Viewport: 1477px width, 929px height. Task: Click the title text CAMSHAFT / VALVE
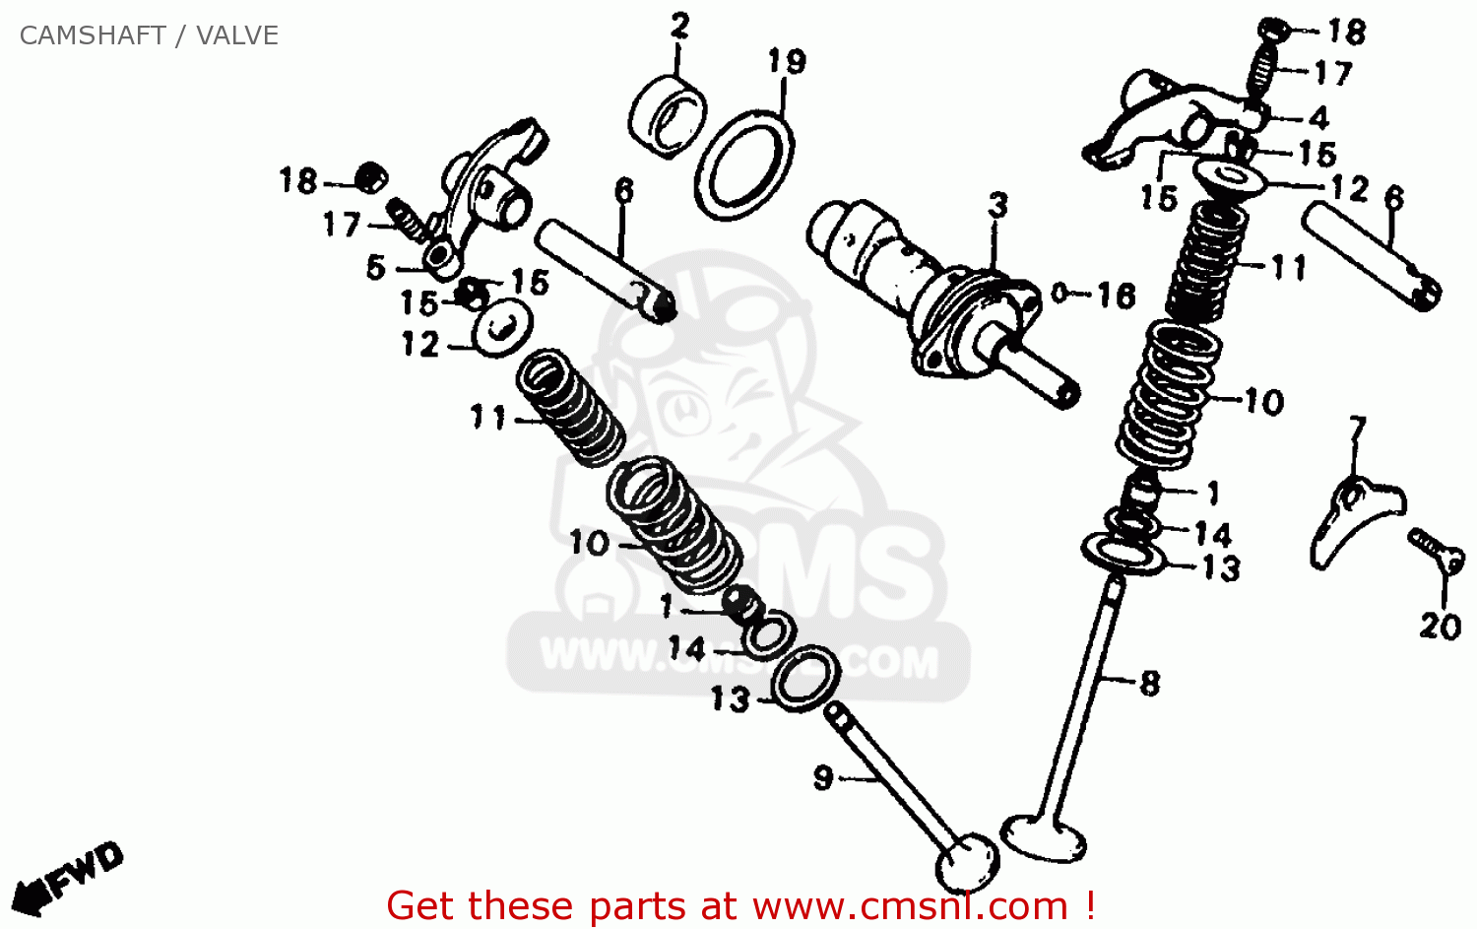[x=149, y=35]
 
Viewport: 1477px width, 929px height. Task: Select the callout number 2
[x=679, y=27]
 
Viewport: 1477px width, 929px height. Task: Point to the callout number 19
[x=787, y=62]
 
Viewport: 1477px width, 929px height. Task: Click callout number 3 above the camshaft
[x=997, y=205]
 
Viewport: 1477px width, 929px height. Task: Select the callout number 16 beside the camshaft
[x=1116, y=295]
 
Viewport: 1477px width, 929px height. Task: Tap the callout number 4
[x=1318, y=118]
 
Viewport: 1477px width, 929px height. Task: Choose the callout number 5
[x=375, y=267]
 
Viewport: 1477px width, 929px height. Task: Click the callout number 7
[x=1357, y=429]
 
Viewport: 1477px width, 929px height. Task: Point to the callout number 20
[x=1440, y=626]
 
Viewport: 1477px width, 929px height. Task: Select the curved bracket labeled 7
[x=1349, y=517]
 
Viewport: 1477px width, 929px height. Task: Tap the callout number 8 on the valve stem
[x=1149, y=683]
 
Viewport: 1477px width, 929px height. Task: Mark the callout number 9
[x=823, y=777]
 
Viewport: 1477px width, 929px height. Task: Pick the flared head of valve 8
[x=1044, y=837]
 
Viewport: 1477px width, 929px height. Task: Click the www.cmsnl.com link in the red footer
[x=910, y=905]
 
